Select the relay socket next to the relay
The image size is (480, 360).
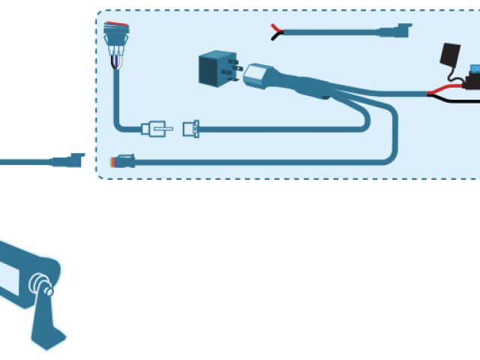(x=259, y=75)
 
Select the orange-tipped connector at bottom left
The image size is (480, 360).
(x=121, y=160)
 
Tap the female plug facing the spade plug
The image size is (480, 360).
(x=191, y=129)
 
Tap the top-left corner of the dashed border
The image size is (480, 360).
(x=100, y=13)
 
